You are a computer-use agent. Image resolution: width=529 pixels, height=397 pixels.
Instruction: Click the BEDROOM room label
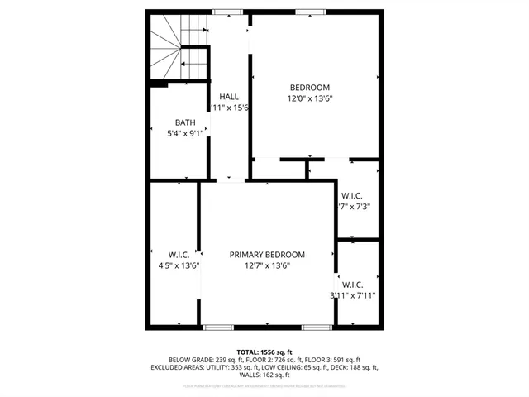click(x=309, y=88)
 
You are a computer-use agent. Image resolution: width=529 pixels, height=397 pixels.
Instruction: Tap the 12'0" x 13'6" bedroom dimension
click(x=309, y=98)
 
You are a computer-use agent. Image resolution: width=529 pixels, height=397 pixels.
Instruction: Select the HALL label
click(x=229, y=97)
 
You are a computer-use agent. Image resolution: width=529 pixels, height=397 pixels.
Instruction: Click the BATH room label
click(x=184, y=122)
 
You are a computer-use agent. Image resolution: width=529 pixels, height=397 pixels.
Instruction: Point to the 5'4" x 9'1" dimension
click(x=184, y=133)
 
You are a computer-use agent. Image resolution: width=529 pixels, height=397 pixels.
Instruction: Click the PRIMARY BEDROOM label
click(x=267, y=255)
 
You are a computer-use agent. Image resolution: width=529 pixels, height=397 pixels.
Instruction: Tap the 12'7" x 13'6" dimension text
click(x=267, y=265)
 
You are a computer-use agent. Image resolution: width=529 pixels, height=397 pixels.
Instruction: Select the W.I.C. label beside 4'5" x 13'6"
click(x=179, y=255)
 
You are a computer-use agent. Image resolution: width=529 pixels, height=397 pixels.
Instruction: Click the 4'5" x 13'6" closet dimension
click(x=179, y=265)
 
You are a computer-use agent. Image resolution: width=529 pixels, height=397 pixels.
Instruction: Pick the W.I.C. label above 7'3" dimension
click(x=353, y=195)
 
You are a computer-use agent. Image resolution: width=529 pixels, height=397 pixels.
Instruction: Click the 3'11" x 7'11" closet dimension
click(x=354, y=294)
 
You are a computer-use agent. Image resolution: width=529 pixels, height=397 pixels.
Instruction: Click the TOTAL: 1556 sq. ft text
click(x=264, y=352)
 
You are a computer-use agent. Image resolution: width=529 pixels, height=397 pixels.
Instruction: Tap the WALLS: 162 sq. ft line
click(x=264, y=375)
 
